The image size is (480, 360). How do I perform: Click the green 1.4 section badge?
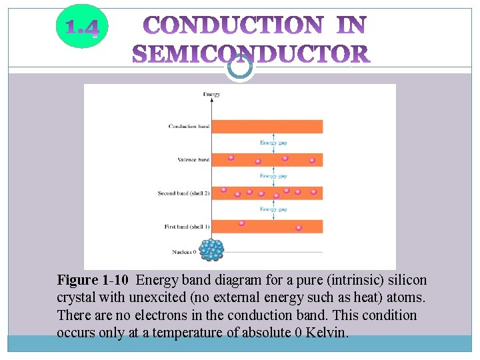pos(82,27)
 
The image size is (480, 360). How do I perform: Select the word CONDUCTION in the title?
pos(233,26)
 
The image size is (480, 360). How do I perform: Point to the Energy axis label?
pos(211,95)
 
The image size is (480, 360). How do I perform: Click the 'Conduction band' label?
pos(189,126)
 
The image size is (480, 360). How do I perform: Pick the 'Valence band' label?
pos(193,160)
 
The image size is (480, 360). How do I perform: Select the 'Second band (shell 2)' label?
pos(183,193)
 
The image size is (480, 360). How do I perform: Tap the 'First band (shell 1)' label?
pos(187,227)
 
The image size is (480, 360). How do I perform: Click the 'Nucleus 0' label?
pos(184,252)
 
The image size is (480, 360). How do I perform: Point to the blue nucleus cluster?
pos(211,249)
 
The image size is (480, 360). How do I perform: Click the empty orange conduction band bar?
pos(267,126)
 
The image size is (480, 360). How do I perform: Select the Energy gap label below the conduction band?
pos(273,143)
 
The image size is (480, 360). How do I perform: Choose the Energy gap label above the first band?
pos(273,209)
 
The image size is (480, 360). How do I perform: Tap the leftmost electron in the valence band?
pos(231,158)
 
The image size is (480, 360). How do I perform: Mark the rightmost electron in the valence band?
pos(312,161)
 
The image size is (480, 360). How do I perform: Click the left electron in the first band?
pos(241,223)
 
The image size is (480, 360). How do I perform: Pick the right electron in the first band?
pos(299,227)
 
